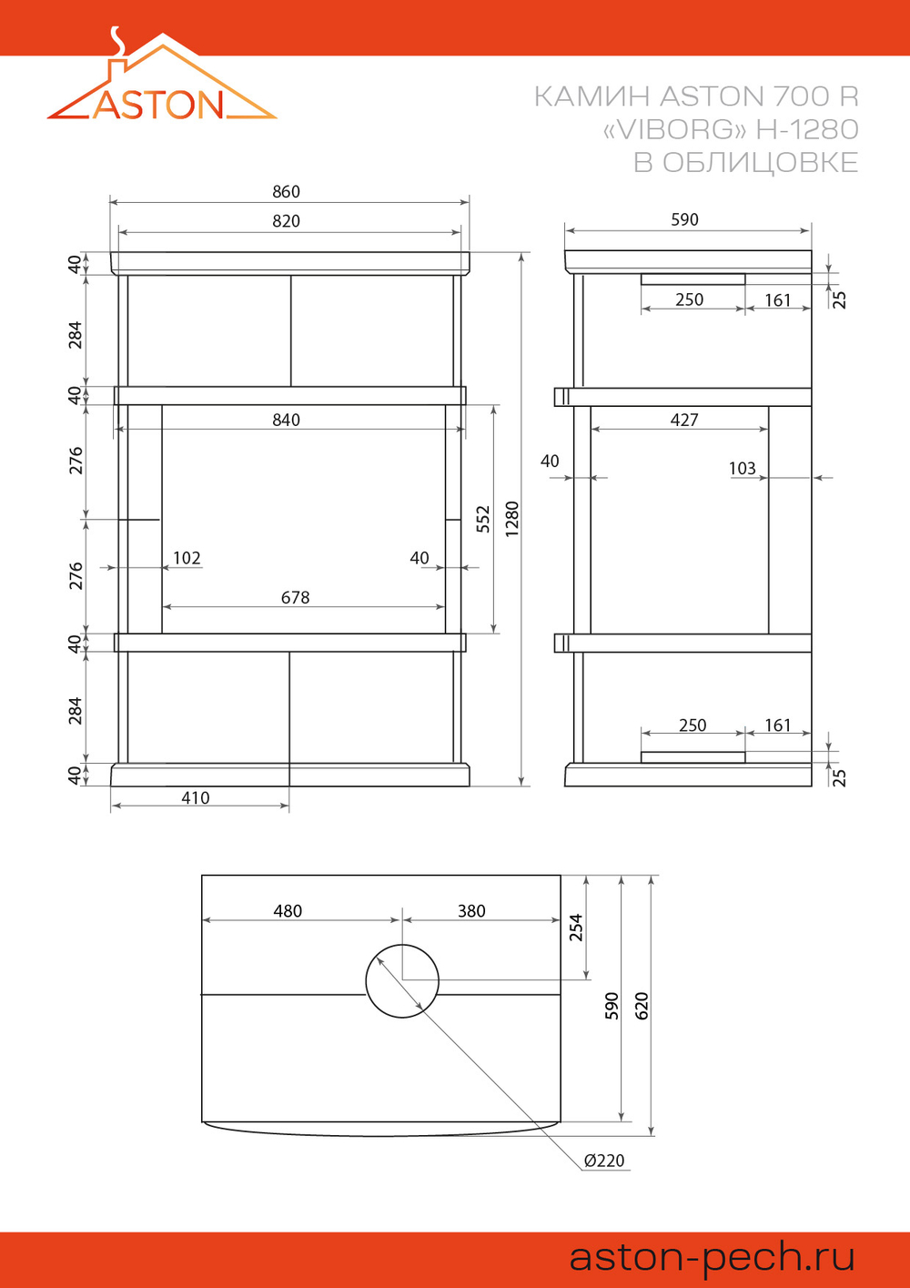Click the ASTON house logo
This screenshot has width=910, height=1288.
(x=162, y=75)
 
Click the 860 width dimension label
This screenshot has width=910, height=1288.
(x=287, y=191)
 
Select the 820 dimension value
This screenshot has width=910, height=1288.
(x=287, y=221)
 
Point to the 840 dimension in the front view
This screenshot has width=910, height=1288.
(x=287, y=420)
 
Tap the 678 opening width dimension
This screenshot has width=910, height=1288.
(x=295, y=598)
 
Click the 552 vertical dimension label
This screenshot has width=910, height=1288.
(x=484, y=519)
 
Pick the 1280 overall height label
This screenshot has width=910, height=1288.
(x=511, y=519)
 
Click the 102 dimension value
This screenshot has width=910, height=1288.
(x=187, y=558)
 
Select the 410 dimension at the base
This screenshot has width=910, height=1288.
(x=196, y=797)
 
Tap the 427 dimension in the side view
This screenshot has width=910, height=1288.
(x=684, y=420)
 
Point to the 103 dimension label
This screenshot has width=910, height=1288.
(x=743, y=468)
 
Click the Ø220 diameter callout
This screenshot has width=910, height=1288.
(x=604, y=1161)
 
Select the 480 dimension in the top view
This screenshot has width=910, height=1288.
(x=288, y=911)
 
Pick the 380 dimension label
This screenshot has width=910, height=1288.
(x=471, y=911)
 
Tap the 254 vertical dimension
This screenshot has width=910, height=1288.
(x=575, y=927)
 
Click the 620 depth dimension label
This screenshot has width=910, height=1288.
(x=642, y=1006)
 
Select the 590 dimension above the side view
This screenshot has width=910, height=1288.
(x=684, y=219)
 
